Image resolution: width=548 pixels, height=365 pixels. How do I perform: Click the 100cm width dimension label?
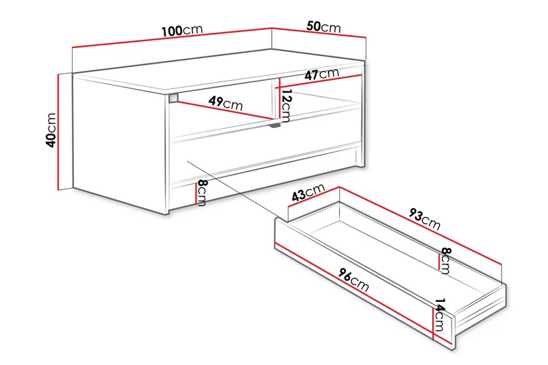click(x=182, y=31)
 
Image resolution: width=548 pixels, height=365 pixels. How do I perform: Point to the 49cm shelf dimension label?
click(x=225, y=103)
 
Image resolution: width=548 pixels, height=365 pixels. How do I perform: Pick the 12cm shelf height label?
click(x=286, y=105)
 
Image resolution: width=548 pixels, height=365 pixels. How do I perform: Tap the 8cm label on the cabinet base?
click(x=201, y=193)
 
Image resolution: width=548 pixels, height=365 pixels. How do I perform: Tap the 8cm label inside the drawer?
click(x=445, y=260)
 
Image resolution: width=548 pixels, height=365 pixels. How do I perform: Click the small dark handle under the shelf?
click(x=275, y=125)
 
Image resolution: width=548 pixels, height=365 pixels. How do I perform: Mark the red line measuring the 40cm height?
click(x=60, y=130)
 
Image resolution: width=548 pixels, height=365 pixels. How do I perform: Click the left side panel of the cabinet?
click(x=121, y=140)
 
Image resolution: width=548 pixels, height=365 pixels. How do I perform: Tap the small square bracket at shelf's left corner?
click(x=173, y=97)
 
